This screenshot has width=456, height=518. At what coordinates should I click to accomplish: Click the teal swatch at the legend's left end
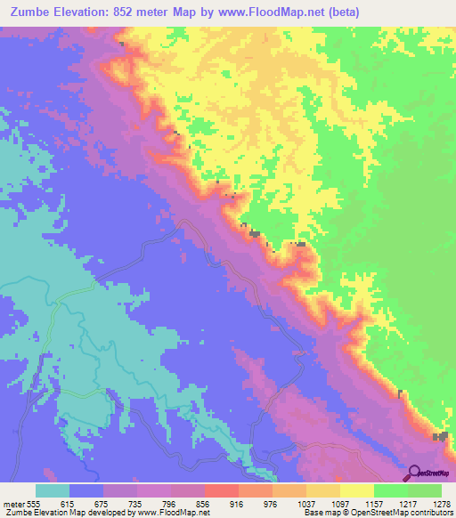(53, 490)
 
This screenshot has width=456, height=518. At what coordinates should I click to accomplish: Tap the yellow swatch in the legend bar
(356, 490)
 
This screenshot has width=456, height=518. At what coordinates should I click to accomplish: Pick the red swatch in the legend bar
(221, 490)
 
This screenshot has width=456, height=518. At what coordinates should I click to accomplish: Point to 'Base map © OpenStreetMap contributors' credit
(375, 512)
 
